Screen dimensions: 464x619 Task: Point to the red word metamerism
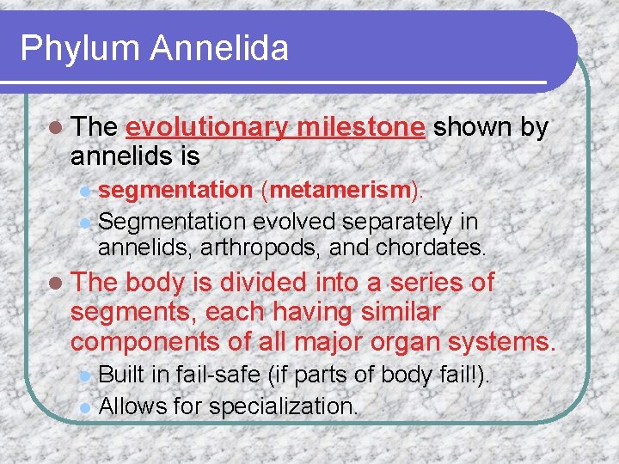pos(326,190)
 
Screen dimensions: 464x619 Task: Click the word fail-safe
pos(214,375)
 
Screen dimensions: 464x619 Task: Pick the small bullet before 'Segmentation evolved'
pos(84,223)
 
